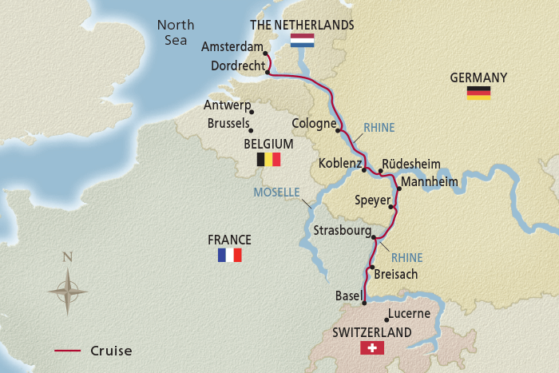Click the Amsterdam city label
(x=232, y=47)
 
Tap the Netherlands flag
(x=303, y=40)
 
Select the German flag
(x=478, y=93)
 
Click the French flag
(x=229, y=255)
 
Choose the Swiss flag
(x=372, y=347)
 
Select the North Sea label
(x=176, y=32)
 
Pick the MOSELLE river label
(x=276, y=192)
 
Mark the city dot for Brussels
(x=252, y=131)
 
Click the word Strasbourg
(x=343, y=231)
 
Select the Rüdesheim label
(x=411, y=164)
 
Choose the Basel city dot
(x=364, y=303)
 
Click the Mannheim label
(x=430, y=182)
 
